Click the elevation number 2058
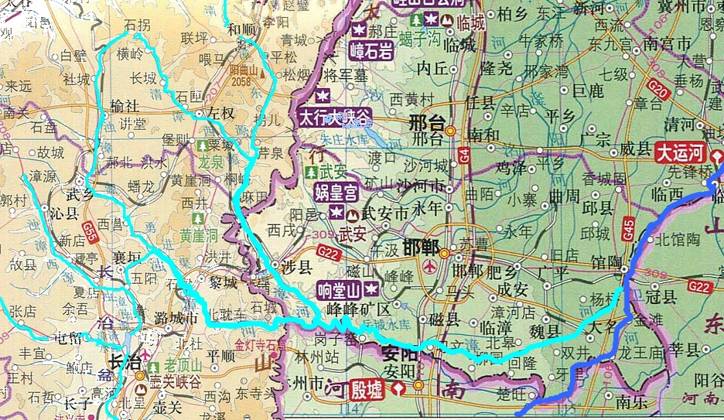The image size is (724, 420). click(241, 80)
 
